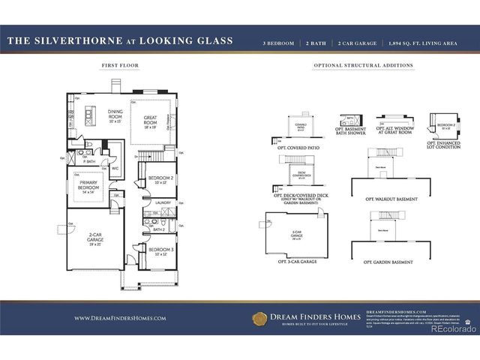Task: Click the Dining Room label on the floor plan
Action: [115, 115]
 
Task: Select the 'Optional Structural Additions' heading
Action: [363, 66]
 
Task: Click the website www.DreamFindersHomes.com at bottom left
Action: [119, 318]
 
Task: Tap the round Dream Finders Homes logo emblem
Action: [260, 318]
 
